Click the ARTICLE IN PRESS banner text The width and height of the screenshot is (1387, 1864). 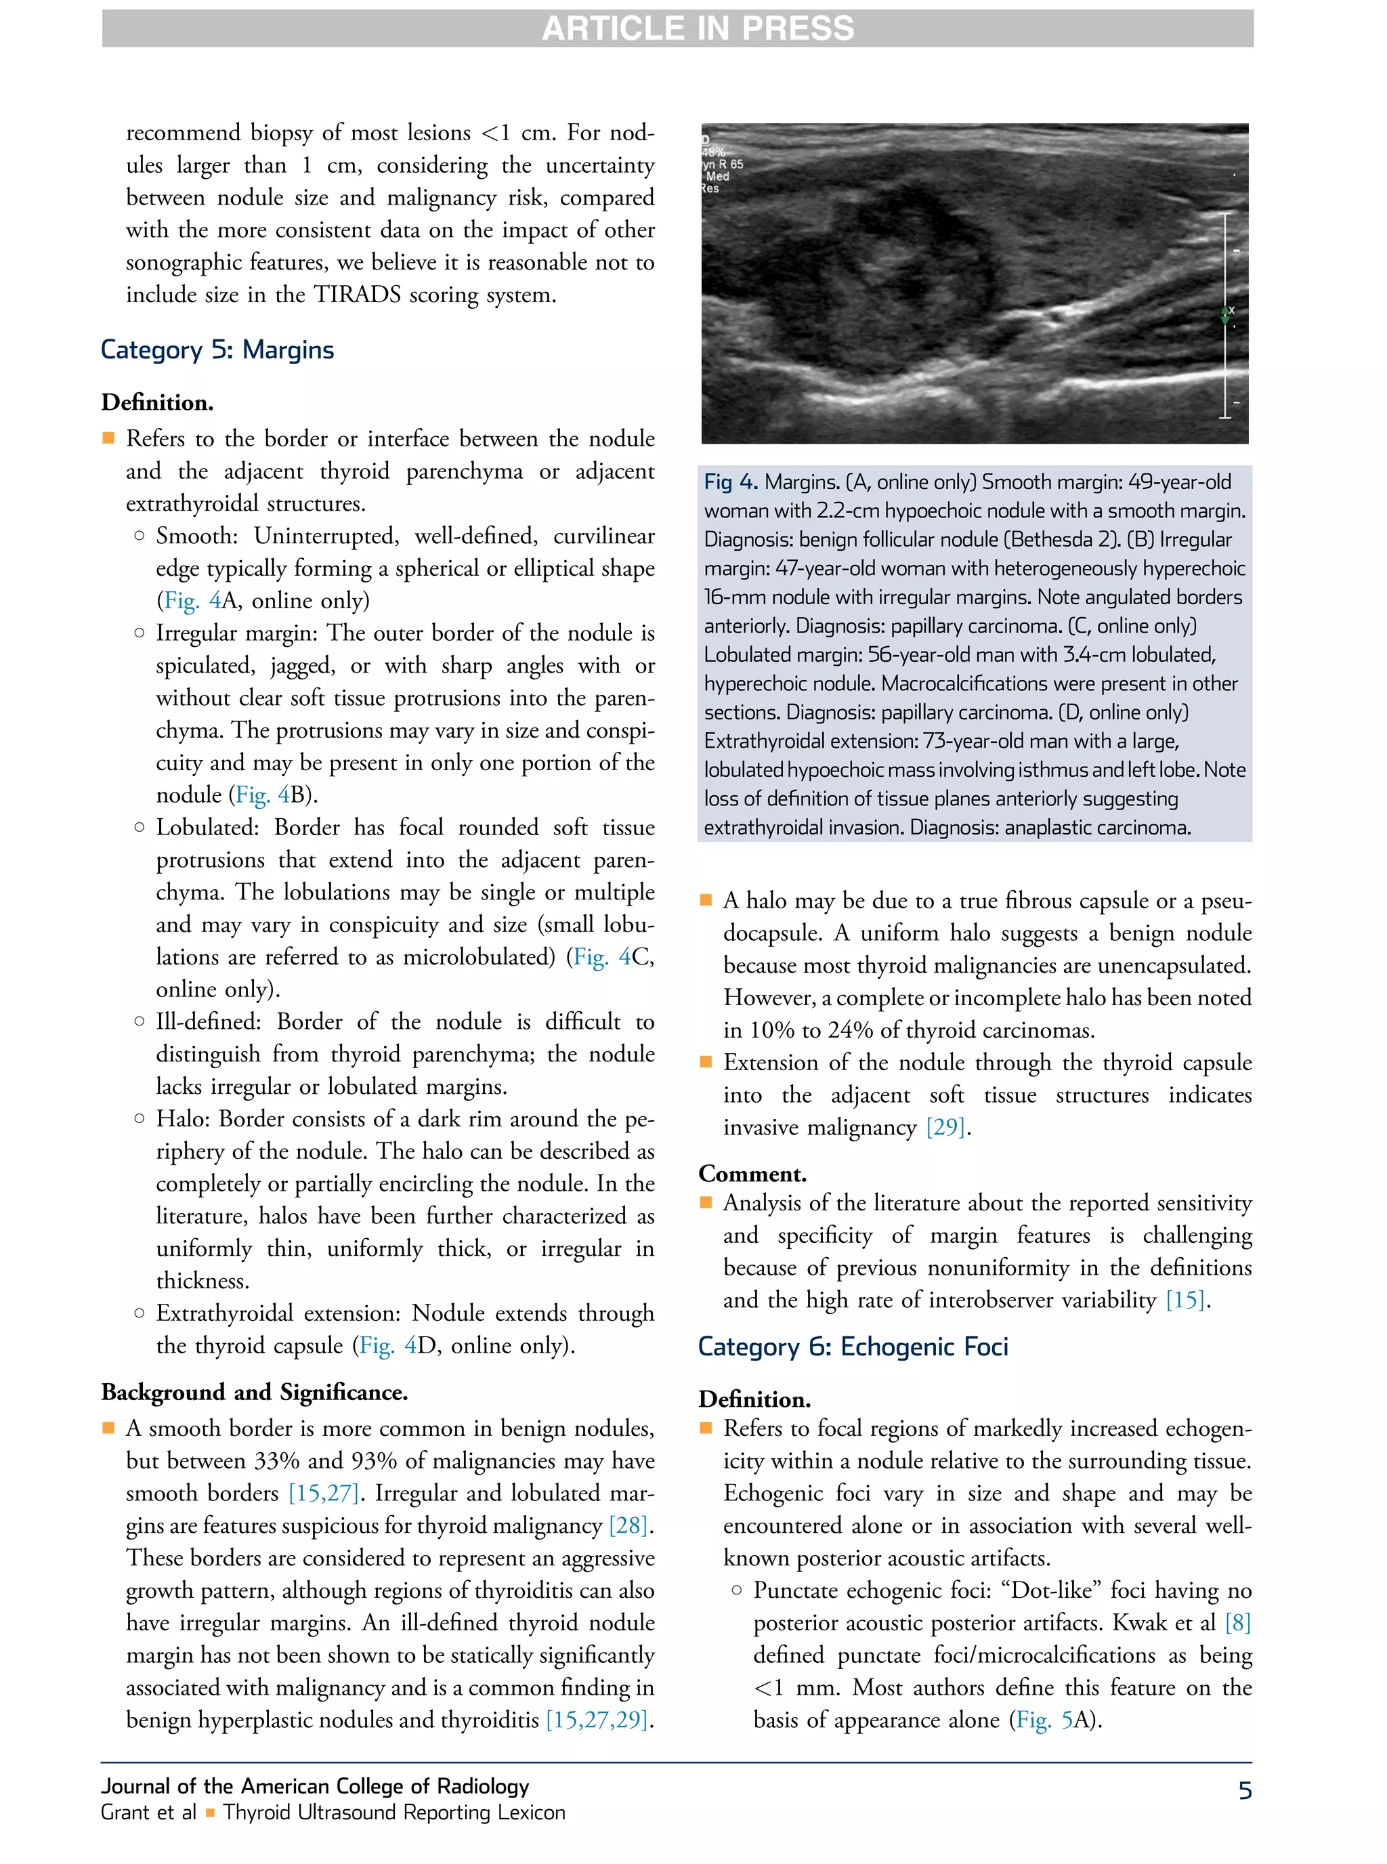697,28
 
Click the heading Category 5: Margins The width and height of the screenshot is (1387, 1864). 217,349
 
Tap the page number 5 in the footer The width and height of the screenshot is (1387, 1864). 1244,1790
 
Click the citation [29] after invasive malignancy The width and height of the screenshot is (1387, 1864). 946,1127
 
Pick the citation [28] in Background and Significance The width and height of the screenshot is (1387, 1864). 630,1525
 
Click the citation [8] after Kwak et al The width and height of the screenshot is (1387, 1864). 1237,1622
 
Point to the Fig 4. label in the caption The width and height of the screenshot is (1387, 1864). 731,482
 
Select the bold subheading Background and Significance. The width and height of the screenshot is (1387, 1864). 255,1392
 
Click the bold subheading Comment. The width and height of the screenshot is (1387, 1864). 752,1173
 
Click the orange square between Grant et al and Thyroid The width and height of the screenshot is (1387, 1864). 210,1813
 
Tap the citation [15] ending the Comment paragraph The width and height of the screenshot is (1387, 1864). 1185,1300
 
